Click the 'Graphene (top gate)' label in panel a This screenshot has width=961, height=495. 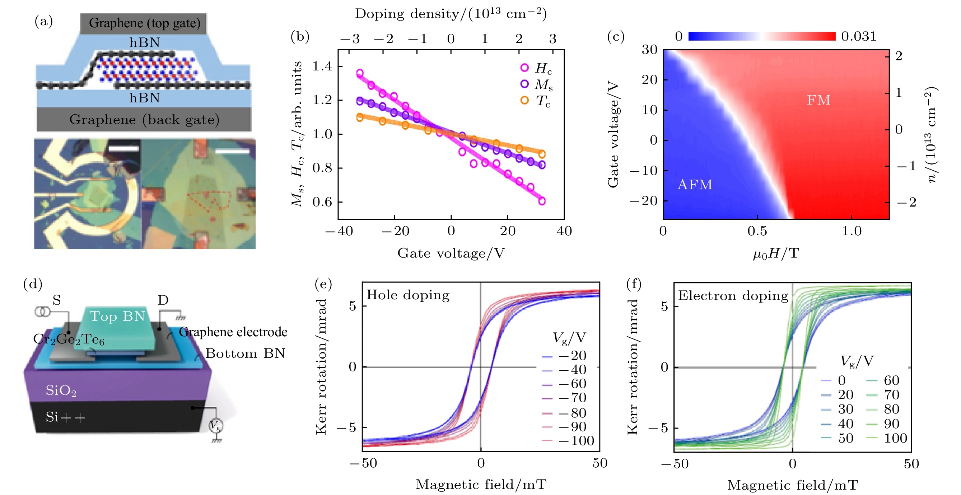coord(144,23)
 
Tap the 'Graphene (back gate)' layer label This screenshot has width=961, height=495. coord(144,120)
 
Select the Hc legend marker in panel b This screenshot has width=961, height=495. coord(524,68)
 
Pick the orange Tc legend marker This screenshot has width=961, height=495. coord(524,101)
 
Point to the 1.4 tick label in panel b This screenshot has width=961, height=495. coord(322,66)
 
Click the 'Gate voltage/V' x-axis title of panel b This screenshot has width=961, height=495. coord(451,253)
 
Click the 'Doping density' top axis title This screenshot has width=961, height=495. coord(450,14)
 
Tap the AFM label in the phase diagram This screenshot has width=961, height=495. coord(695,184)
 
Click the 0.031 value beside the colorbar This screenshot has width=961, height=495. coord(858,36)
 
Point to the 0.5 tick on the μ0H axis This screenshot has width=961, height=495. coord(757,231)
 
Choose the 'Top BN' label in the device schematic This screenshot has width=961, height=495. coord(117,316)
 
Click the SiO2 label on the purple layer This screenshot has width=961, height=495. coord(61,390)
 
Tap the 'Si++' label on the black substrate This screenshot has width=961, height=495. coord(65,417)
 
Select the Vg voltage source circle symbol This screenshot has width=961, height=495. coord(215,426)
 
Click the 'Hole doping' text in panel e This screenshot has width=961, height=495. coord(408,295)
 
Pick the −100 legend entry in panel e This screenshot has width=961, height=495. coord(577,440)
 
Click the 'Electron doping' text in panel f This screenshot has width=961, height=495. coord(733,296)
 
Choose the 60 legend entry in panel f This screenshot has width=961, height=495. coord(891,380)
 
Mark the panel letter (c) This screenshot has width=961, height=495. coord(616,37)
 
